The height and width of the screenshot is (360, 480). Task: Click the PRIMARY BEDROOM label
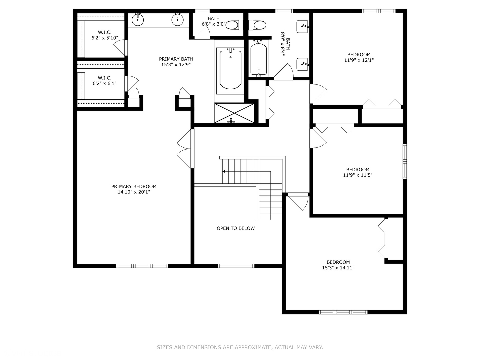coord(134,186)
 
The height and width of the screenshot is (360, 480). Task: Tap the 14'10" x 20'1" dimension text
coord(134,192)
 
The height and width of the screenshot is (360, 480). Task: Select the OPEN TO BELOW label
coord(236,228)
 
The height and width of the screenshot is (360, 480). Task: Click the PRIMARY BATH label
coord(176,59)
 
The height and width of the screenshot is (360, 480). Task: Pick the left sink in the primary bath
coord(138,20)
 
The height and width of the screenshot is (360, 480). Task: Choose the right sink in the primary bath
coord(178,20)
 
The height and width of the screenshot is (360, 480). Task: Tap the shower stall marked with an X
coord(234,113)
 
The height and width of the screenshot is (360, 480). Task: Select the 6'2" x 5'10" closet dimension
coord(105,38)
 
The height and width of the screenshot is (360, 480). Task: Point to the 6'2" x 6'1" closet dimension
coord(105,83)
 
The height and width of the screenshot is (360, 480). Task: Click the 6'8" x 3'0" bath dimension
coord(214,24)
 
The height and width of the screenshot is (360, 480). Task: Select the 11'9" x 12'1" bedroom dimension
coord(359,60)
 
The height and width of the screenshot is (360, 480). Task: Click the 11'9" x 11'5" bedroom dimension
coord(358,175)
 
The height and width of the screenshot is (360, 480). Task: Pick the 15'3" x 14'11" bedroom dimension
coord(338,268)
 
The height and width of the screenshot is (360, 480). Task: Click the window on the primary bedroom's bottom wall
coord(142,266)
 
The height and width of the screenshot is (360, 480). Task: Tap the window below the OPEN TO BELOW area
coord(236,266)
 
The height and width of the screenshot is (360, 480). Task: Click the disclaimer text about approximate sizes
coord(240,347)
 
